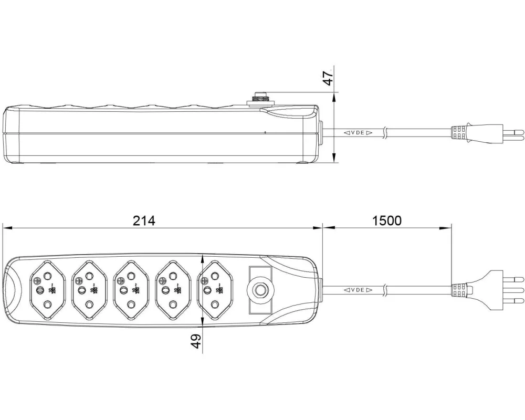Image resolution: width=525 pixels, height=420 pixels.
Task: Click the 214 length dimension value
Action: coord(144,221)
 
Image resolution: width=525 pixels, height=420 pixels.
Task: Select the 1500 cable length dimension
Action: coord(387,220)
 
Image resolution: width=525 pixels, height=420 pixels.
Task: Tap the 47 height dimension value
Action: coord(328,78)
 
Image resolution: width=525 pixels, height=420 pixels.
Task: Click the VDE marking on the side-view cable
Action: coord(359,133)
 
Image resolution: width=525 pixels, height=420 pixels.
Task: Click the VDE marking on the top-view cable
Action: coord(359,290)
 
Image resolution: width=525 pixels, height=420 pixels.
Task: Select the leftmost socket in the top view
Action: coord(47,289)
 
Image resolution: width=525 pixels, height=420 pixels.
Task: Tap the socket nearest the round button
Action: coord(214,289)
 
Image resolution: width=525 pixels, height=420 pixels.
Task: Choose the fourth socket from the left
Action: coord(172,289)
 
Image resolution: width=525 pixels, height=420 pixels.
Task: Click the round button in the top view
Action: coord(260,289)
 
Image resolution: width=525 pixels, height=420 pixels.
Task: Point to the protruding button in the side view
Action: coord(260,96)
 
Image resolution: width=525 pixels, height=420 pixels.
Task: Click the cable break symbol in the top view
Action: coord(386,289)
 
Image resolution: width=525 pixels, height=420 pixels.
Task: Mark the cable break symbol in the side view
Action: coord(386,133)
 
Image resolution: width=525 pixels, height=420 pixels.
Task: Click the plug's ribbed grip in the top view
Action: coord(459,289)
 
